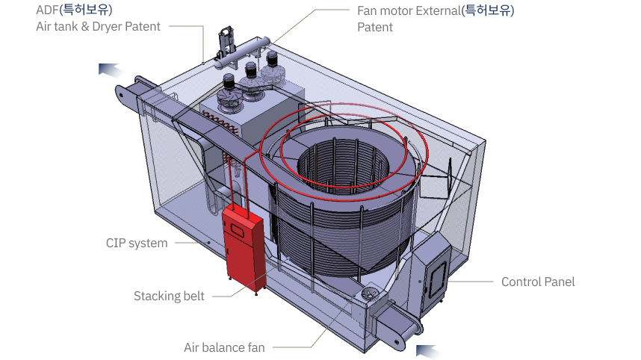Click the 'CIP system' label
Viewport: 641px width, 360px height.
pos(137,243)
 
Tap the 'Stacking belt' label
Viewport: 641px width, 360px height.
pos(169,297)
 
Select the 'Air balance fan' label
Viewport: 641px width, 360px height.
pos(224,347)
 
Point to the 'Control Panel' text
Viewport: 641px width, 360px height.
pos(538,282)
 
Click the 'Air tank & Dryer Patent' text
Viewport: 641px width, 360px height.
pos(98,27)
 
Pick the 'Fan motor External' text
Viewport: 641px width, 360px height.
pos(409,10)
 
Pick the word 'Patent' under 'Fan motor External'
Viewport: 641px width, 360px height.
pos(375,27)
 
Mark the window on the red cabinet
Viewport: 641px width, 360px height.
pos(242,228)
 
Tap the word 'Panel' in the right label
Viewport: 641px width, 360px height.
pos(559,282)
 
